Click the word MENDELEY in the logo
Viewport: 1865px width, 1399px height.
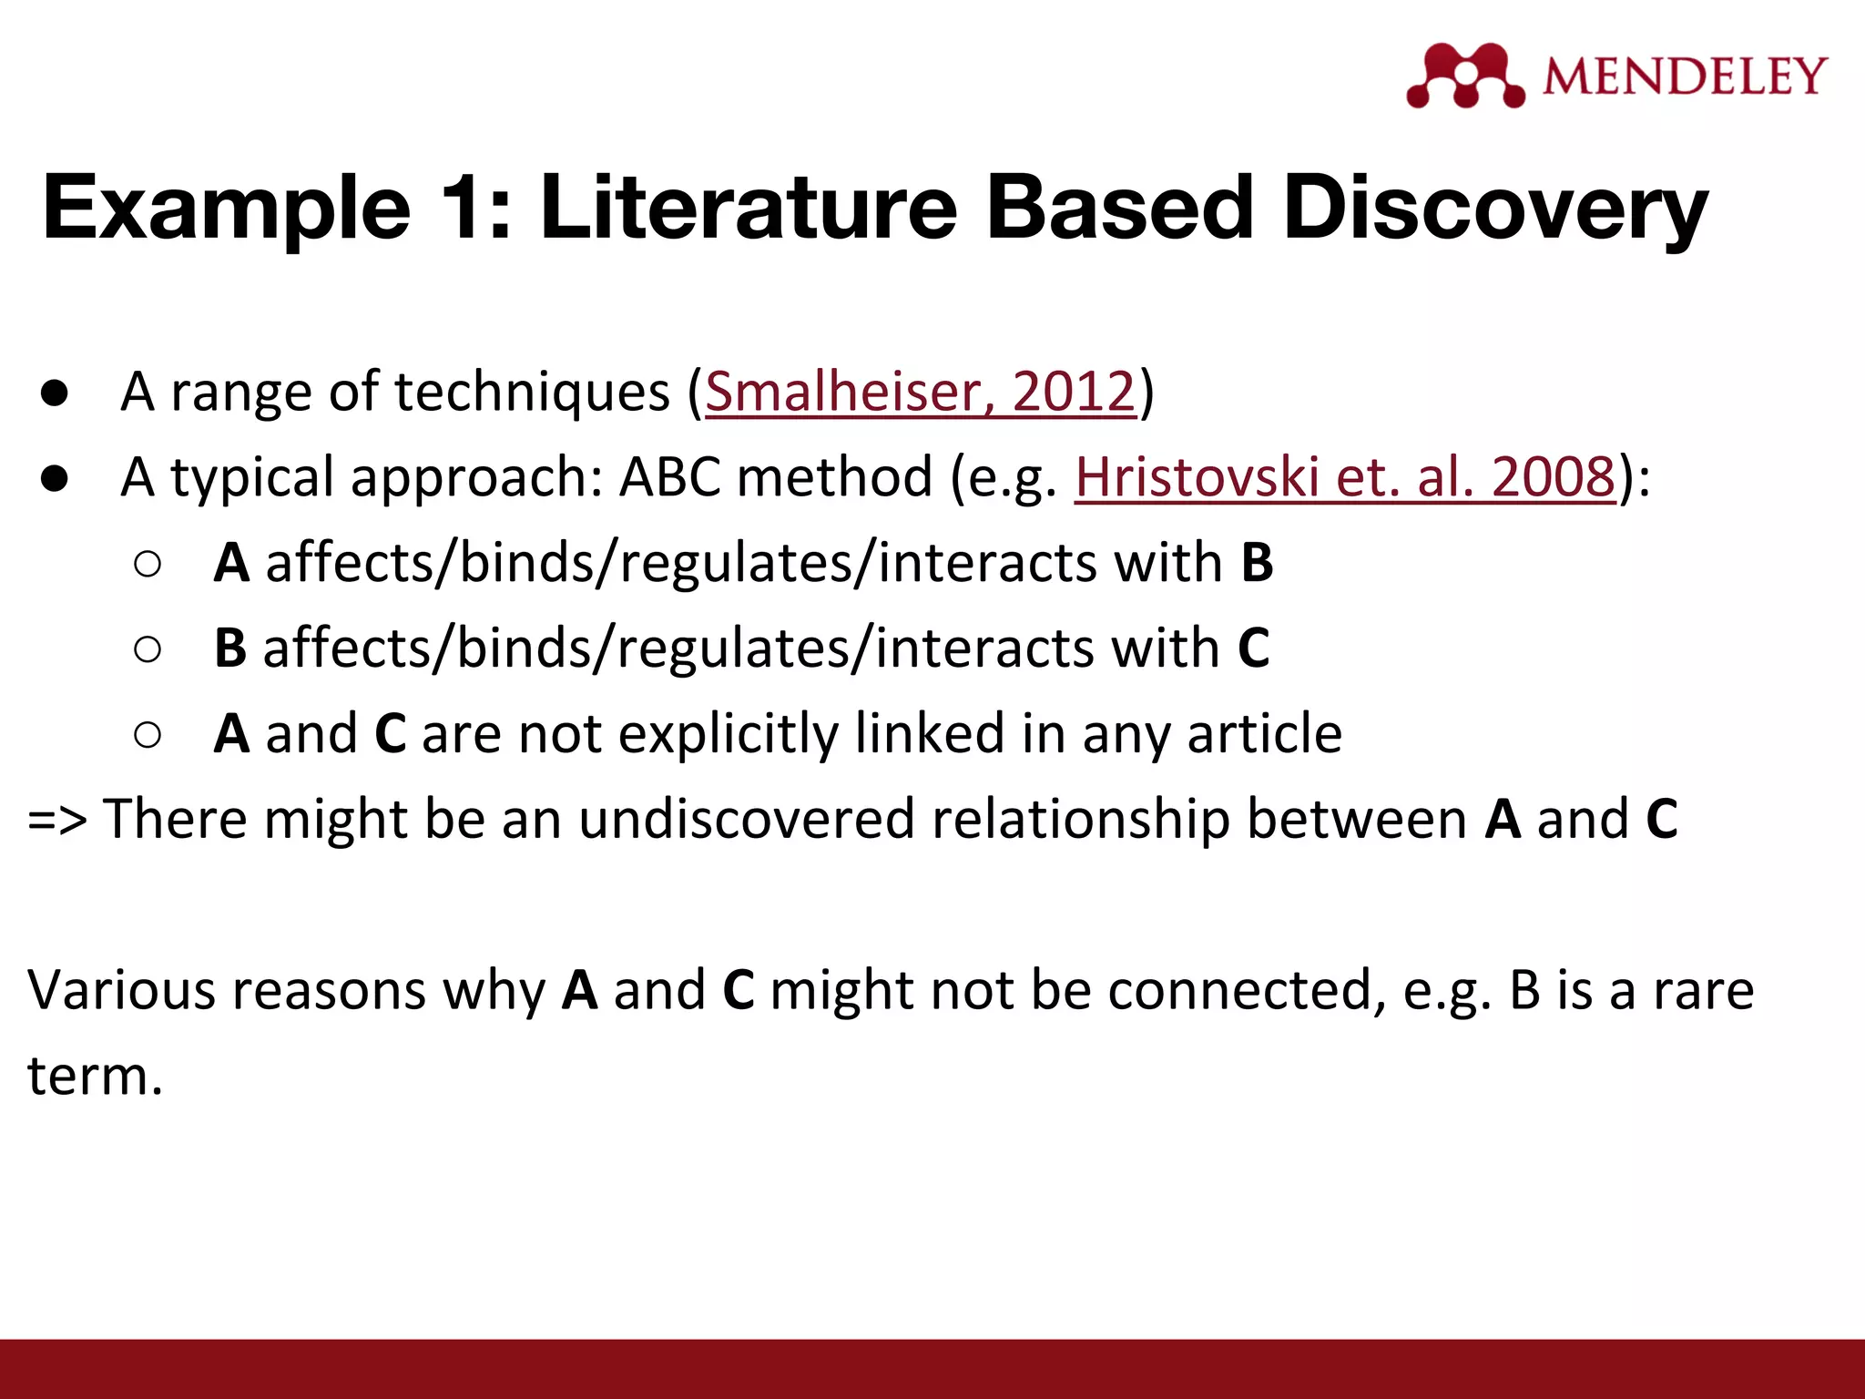pyautogui.click(x=1685, y=76)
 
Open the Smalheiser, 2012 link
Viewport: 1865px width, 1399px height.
pyautogui.click(x=921, y=392)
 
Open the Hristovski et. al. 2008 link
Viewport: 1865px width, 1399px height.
pyautogui.click(x=1345, y=476)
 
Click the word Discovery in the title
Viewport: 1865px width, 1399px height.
pyautogui.click(x=1494, y=208)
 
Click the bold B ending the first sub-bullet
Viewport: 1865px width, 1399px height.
pyautogui.click(x=1257, y=562)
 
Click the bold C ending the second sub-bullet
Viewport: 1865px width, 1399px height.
pyautogui.click(x=1254, y=648)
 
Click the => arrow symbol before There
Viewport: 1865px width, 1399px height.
pyautogui.click(x=56, y=819)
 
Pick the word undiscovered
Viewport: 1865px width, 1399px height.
pyautogui.click(x=746, y=819)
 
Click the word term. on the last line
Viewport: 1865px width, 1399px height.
pyautogui.click(x=95, y=1076)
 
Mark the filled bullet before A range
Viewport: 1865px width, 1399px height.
pyautogui.click(x=55, y=393)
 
